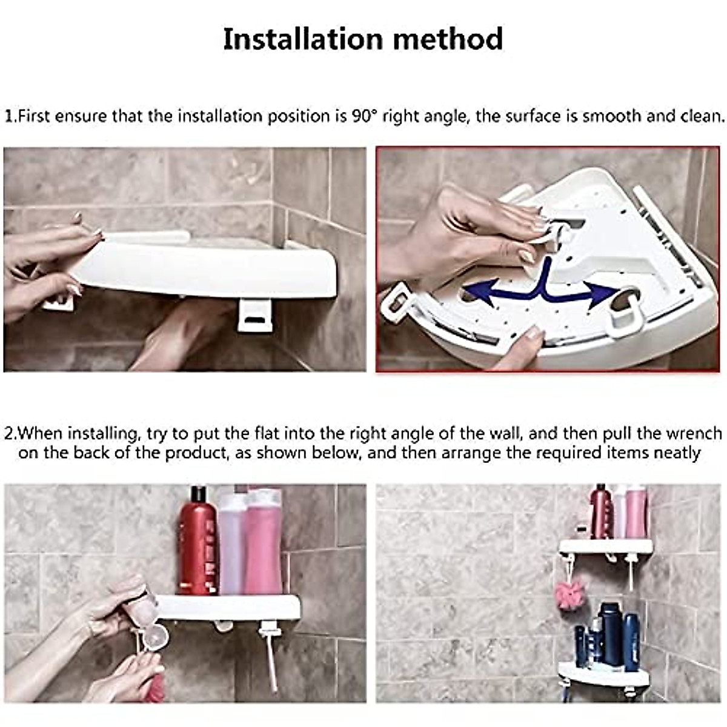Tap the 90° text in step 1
click(x=364, y=116)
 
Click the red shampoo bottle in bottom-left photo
click(x=198, y=542)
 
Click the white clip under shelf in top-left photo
click(x=256, y=315)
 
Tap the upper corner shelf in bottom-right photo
click(x=606, y=546)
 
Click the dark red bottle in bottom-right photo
click(x=600, y=512)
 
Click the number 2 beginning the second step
click(x=9, y=434)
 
